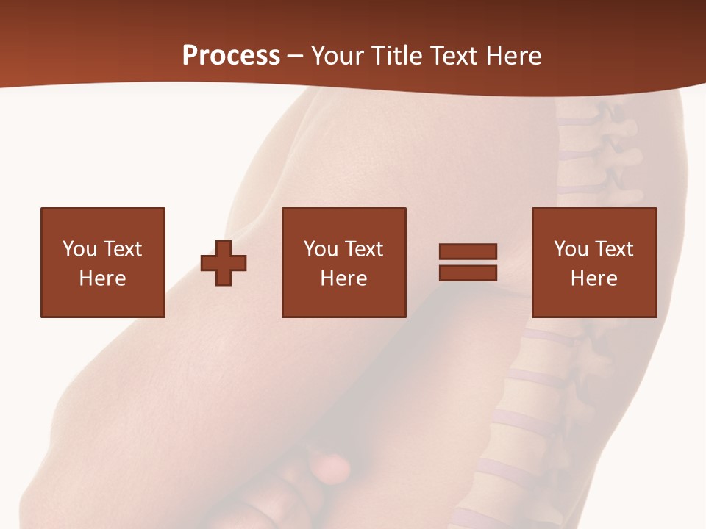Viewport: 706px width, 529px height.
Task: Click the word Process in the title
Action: tap(231, 56)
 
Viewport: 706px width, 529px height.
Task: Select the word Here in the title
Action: tap(511, 56)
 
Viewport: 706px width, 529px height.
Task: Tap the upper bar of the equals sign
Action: tap(468, 252)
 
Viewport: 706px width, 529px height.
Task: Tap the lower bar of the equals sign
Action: tap(468, 273)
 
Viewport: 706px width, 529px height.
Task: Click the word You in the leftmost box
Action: tap(79, 249)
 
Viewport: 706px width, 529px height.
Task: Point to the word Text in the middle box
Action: tap(363, 249)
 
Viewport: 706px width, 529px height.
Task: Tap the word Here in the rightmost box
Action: tap(593, 278)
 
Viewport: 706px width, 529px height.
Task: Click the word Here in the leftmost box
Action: tap(102, 278)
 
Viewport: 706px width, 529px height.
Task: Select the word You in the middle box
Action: tap(321, 249)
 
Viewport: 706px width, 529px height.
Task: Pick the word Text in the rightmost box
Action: tap(613, 249)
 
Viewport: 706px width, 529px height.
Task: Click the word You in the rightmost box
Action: tap(571, 249)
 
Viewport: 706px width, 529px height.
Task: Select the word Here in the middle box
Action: tap(343, 278)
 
